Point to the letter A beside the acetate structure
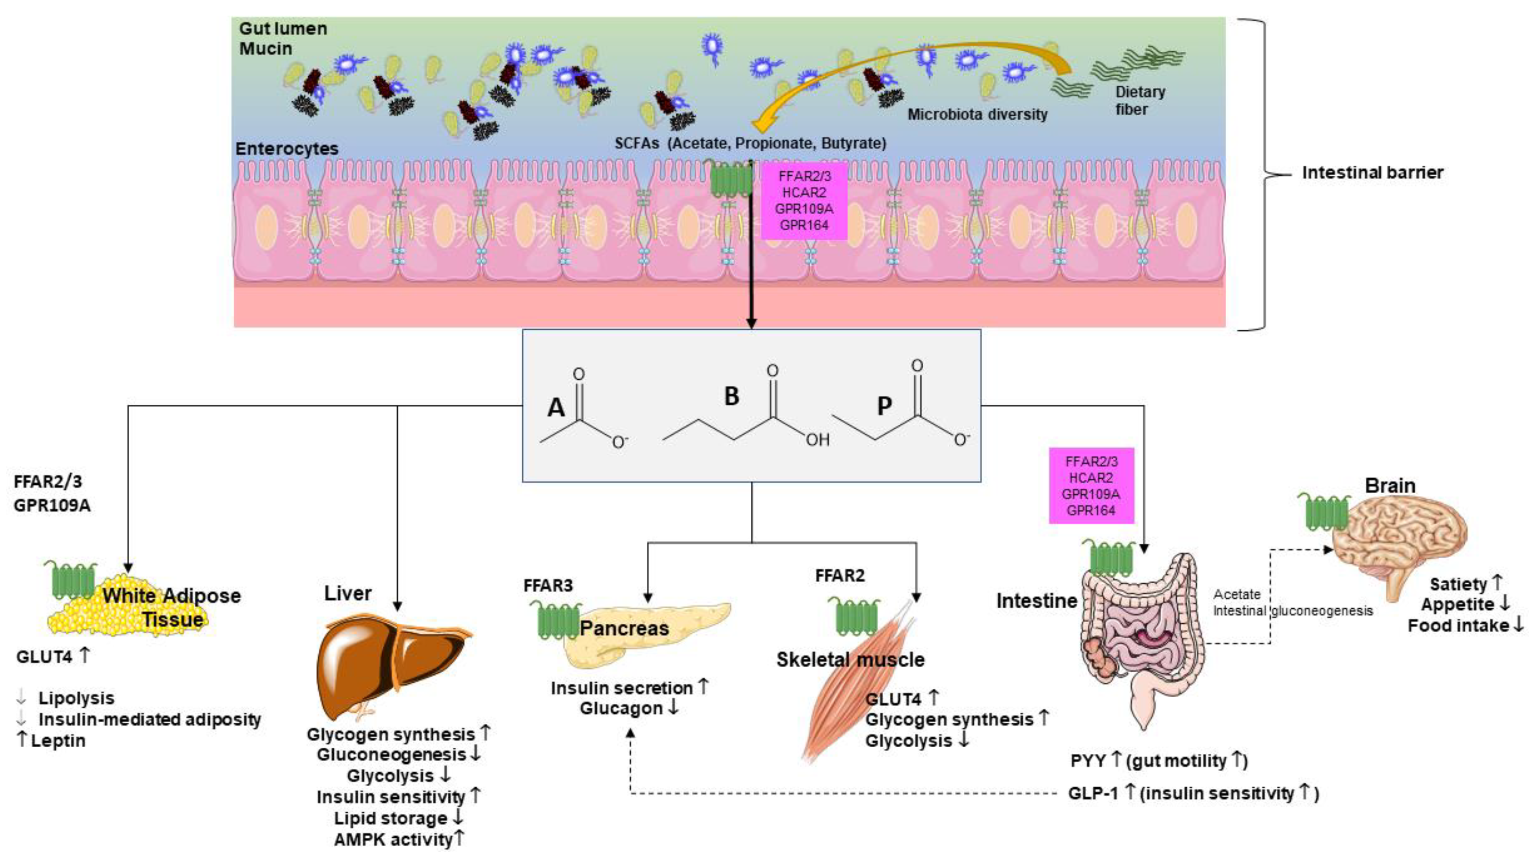click(556, 408)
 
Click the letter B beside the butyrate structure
click(731, 396)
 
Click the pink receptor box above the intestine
click(1091, 486)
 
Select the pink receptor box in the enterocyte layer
click(804, 200)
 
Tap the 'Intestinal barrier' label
click(1372, 173)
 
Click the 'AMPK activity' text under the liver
click(393, 839)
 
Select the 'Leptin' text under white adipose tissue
click(59, 741)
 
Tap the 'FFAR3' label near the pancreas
click(548, 585)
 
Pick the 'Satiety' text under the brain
click(1458, 584)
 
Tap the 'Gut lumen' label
click(283, 29)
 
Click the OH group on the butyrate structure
click(817, 439)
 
